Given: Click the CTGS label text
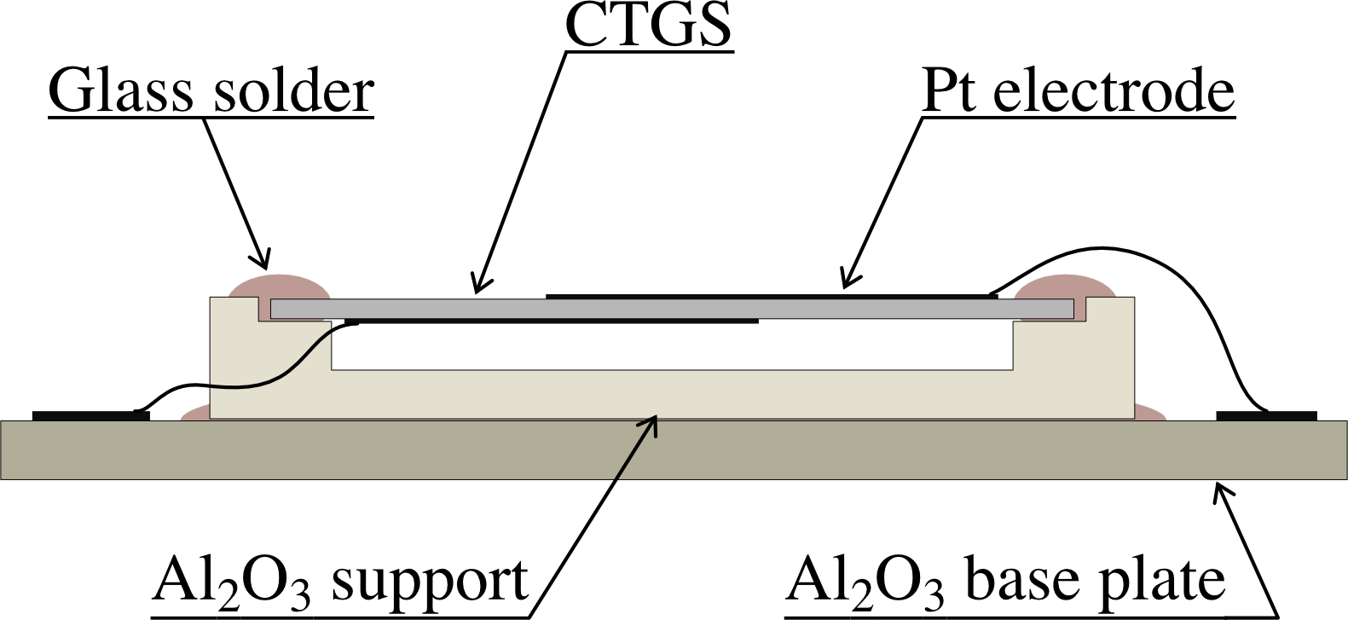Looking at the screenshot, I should (648, 26).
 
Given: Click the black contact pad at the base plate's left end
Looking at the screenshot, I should (90, 415).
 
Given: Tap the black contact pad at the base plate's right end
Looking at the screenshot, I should (1266, 415).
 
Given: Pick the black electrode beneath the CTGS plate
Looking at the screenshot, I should (551, 322).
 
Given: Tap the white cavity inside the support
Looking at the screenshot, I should (671, 345).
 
